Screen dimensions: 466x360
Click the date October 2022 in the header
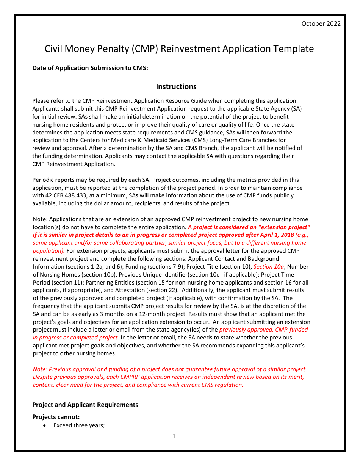321,23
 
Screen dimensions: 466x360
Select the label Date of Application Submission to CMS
90,68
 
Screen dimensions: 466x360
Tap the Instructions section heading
176,87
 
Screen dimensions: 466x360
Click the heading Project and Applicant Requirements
85,405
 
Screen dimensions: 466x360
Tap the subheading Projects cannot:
56,417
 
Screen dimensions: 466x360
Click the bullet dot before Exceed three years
45,426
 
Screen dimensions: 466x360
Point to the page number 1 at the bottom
174,436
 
